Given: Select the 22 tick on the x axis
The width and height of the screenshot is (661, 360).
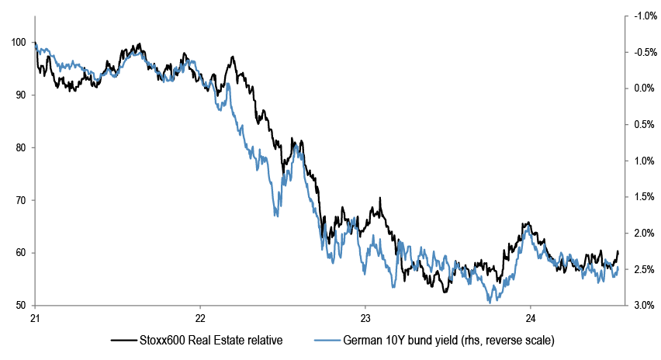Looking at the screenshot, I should coord(200,317).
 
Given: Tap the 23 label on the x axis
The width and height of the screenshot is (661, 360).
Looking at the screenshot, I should coord(365,317).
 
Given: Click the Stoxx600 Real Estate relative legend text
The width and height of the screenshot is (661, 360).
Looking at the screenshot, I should coord(209,340).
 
